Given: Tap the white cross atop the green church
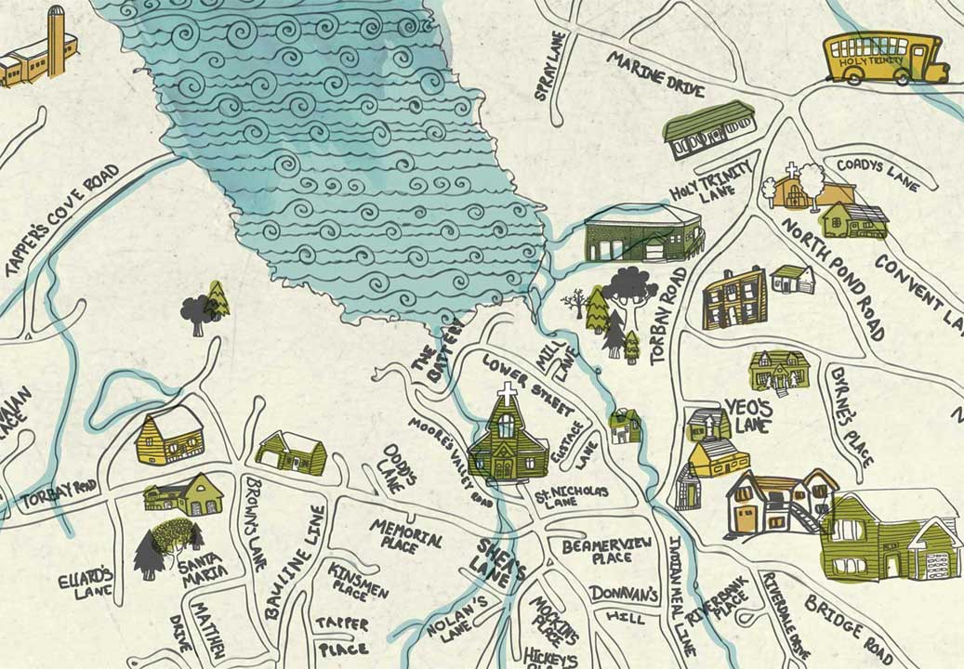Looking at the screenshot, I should pos(507,394).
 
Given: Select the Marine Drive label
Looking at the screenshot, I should pos(655,74).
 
